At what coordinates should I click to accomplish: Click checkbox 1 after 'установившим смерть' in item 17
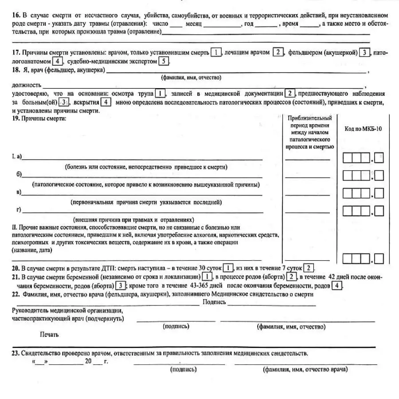[x=215, y=52]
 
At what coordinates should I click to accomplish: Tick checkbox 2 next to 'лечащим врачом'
[x=278, y=52]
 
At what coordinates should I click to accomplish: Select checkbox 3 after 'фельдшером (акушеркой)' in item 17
[x=364, y=52]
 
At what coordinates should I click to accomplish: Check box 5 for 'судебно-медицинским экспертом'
[x=164, y=61]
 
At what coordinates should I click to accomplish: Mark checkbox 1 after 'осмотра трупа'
[x=160, y=94]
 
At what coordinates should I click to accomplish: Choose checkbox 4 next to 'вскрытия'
[x=106, y=102]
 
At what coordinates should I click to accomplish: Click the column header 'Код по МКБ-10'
[x=363, y=129]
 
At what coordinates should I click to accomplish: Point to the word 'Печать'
[x=49, y=335]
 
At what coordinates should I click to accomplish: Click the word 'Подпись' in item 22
[x=214, y=302]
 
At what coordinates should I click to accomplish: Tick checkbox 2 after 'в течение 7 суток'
[x=309, y=268]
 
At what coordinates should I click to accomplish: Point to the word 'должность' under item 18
[x=27, y=85]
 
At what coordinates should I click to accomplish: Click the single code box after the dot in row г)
[x=379, y=211]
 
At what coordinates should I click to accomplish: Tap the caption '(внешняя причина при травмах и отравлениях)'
[x=134, y=219]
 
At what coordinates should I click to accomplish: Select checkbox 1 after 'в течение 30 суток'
[x=227, y=268]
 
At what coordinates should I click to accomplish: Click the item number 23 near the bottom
[x=16, y=353]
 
